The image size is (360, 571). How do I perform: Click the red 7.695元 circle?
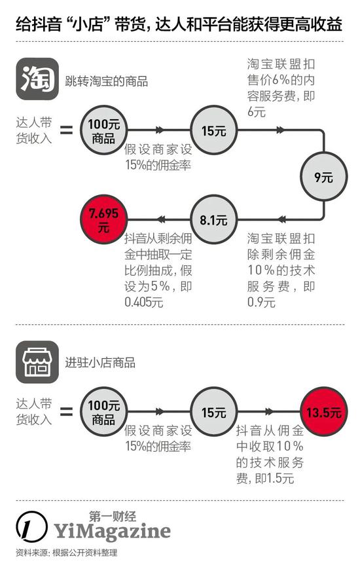(103, 219)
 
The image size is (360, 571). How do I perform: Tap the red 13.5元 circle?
(323, 412)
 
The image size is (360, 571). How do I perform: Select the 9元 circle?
(323, 177)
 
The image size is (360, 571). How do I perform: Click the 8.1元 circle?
(213, 219)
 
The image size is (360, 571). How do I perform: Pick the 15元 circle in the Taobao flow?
(213, 130)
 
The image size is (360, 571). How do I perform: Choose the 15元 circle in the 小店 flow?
(213, 412)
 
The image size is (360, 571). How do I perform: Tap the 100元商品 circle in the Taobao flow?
(103, 130)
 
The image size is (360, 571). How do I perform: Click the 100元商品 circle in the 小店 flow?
(103, 412)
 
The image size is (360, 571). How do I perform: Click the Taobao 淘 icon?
(37, 79)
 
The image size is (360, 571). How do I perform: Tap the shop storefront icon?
(37, 362)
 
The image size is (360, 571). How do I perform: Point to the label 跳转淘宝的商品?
(107, 81)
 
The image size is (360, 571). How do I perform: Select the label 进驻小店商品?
(100, 363)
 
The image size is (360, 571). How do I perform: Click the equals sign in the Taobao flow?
(66, 130)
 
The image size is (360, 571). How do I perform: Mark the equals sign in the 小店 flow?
(66, 412)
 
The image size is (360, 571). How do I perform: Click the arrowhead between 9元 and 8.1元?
(281, 219)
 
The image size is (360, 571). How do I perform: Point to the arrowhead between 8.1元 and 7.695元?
(160, 219)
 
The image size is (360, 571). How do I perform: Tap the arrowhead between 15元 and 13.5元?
(269, 412)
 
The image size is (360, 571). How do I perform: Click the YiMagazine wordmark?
(113, 531)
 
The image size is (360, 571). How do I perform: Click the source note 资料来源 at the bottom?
(67, 553)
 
